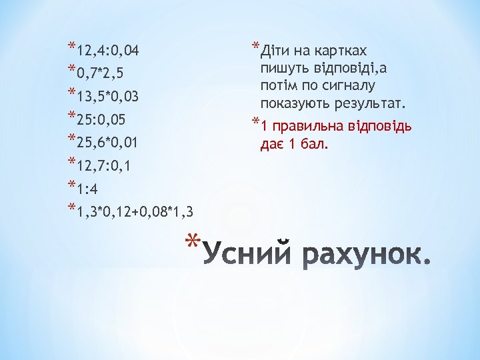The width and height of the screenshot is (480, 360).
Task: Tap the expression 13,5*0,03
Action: (x=107, y=97)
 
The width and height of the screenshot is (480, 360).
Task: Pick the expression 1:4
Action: (x=88, y=189)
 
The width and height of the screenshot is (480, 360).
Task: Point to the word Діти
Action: (x=275, y=51)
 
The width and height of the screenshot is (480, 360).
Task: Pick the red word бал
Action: (x=315, y=144)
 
